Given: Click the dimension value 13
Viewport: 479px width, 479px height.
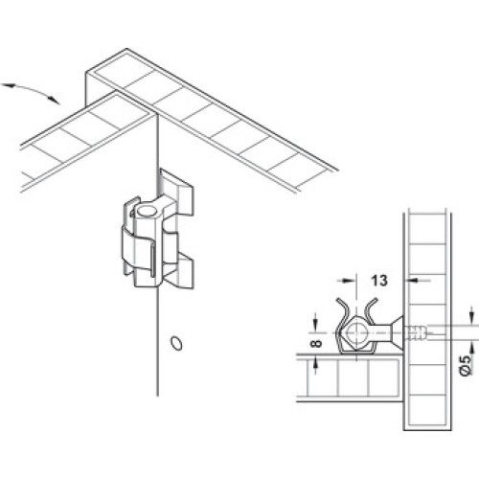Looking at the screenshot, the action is pos(379,281).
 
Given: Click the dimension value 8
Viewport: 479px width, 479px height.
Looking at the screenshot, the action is pos(316,344).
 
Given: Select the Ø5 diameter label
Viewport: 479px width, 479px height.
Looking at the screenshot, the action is pos(467,365).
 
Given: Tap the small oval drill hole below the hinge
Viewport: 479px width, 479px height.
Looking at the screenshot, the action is pos(176,343).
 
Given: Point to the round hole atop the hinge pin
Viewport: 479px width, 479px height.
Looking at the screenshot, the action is pos(147,211).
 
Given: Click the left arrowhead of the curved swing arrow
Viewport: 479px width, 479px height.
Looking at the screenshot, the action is pos(7,85).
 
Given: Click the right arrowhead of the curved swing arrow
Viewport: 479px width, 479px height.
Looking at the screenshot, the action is pos(55,100).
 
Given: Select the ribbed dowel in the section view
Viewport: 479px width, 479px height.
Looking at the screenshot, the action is pos(415,333).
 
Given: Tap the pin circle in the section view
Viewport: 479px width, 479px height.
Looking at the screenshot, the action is pos(356,332).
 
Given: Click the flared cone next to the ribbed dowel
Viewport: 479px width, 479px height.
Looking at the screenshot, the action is pos(396,332).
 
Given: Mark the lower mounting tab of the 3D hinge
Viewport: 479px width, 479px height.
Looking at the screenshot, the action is pos(181,270).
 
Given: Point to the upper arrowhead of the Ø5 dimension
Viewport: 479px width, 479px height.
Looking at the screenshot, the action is pos(471,319).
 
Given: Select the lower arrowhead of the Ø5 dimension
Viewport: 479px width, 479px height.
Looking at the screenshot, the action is pos(471,348).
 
